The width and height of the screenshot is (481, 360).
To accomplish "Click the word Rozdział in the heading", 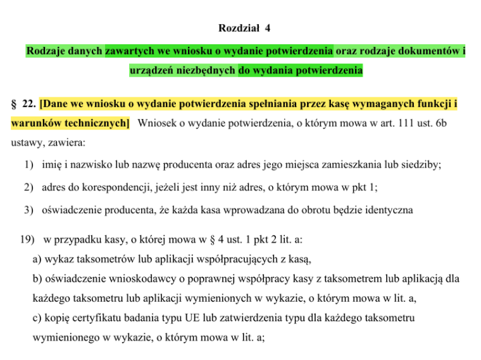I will [235, 28].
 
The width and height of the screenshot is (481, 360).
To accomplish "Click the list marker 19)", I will [30, 242].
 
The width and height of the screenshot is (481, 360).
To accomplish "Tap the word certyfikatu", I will [94, 319].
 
